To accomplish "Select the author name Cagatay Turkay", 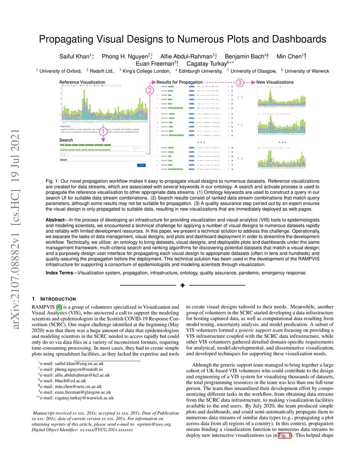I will [206, 63].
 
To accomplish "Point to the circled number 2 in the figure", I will [149, 90].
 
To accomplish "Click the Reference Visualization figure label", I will [82, 82].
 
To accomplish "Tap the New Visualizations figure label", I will [275, 82].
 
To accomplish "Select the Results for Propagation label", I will [180, 82].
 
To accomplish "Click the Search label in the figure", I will [66, 140].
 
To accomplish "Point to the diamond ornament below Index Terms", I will [183, 285].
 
